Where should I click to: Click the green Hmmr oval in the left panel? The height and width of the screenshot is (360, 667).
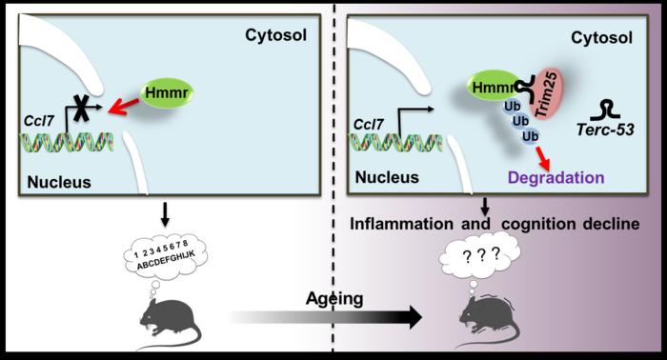pyautogui.click(x=167, y=92)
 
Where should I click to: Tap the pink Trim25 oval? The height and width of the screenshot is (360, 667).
pyautogui.click(x=548, y=95)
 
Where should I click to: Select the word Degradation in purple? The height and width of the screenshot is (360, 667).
pyautogui.click(x=556, y=177)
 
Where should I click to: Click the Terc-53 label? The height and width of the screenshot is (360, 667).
pyautogui.click(x=605, y=130)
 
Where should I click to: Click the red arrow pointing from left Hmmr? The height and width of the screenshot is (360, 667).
pyautogui.click(x=124, y=107)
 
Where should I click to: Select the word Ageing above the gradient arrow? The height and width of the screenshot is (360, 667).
pyautogui.click(x=334, y=299)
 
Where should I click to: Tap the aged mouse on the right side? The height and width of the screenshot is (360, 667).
pyautogui.click(x=489, y=322)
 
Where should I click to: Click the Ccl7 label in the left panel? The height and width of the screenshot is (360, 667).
pyautogui.click(x=38, y=121)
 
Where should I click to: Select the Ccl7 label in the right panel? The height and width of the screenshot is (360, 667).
pyautogui.click(x=369, y=125)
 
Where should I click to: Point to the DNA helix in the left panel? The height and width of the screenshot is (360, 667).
pyautogui.click(x=68, y=142)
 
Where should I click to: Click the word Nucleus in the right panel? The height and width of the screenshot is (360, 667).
pyautogui.click(x=387, y=177)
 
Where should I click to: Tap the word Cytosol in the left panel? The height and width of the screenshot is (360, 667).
pyautogui.click(x=275, y=35)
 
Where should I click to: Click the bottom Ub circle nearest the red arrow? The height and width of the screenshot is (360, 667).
pyautogui.click(x=530, y=136)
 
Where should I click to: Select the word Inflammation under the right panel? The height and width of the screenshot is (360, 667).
pyautogui.click(x=401, y=224)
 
